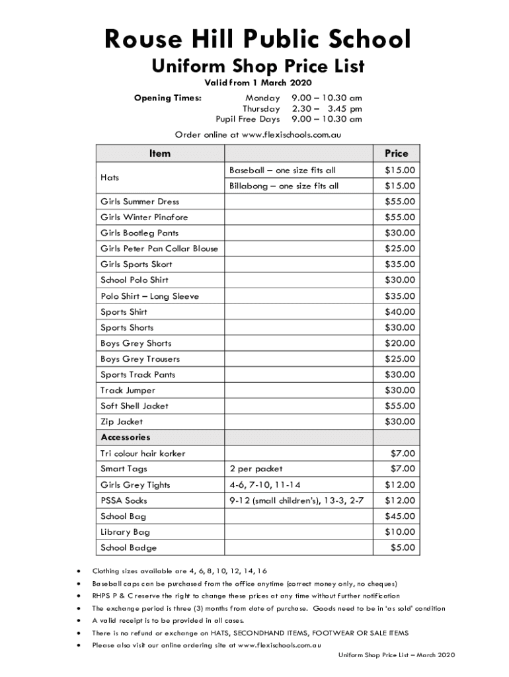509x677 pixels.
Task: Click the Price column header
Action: (x=396, y=153)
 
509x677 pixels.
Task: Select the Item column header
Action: (x=159, y=153)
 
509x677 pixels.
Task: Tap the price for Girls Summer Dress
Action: (x=400, y=202)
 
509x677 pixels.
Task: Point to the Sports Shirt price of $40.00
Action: (x=400, y=312)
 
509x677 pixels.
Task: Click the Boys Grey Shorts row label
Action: (x=136, y=344)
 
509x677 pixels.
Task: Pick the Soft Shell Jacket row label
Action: (x=134, y=406)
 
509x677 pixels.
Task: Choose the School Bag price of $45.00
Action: (x=400, y=516)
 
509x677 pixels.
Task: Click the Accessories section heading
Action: (x=126, y=438)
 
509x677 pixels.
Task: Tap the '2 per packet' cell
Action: (x=256, y=469)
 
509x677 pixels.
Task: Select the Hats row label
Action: (x=110, y=179)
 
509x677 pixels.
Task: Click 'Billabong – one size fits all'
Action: (x=284, y=186)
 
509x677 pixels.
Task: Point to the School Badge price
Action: (x=403, y=547)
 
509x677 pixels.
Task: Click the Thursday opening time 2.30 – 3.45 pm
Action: (x=327, y=108)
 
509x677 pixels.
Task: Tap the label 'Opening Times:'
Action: (x=167, y=98)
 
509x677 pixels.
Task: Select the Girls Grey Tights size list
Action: (x=260, y=485)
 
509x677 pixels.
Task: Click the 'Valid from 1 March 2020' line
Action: (x=257, y=83)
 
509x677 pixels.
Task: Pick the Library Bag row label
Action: (x=125, y=532)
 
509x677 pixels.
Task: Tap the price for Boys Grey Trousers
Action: (x=400, y=359)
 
